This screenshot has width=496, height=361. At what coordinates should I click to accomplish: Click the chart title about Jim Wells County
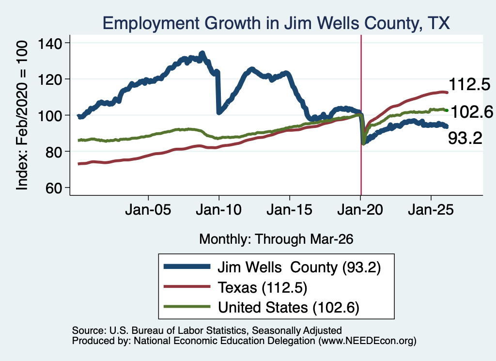point(276,23)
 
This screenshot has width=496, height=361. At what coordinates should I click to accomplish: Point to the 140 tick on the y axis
point(50,43)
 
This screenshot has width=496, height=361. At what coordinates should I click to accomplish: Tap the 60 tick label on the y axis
point(53,188)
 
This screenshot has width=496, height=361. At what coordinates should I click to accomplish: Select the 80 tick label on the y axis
point(53,152)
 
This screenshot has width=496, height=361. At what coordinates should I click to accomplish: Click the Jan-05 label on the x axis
point(148,210)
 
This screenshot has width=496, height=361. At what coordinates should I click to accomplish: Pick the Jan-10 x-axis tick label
point(218,210)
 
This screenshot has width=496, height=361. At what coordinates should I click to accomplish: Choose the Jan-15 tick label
point(290,210)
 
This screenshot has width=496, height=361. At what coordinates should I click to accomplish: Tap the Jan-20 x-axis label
point(360,210)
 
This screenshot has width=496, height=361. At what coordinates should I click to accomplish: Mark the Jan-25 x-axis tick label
point(431,210)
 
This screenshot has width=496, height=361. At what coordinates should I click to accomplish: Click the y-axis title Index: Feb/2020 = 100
point(22,115)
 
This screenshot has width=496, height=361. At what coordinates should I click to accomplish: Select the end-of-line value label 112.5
point(469,84)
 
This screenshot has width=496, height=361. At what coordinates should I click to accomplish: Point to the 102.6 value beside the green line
point(472,112)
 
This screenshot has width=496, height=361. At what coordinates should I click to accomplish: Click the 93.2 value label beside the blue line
point(465,138)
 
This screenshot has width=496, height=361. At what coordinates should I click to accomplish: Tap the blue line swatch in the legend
point(187,267)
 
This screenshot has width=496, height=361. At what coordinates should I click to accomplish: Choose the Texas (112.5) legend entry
point(262,287)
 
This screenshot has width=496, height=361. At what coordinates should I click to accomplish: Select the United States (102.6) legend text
point(289,307)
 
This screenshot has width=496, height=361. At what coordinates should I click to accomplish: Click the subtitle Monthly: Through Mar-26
point(276,239)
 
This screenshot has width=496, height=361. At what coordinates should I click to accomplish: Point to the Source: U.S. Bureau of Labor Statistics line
point(207,330)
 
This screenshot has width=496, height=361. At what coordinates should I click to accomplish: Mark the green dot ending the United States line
point(447,110)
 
